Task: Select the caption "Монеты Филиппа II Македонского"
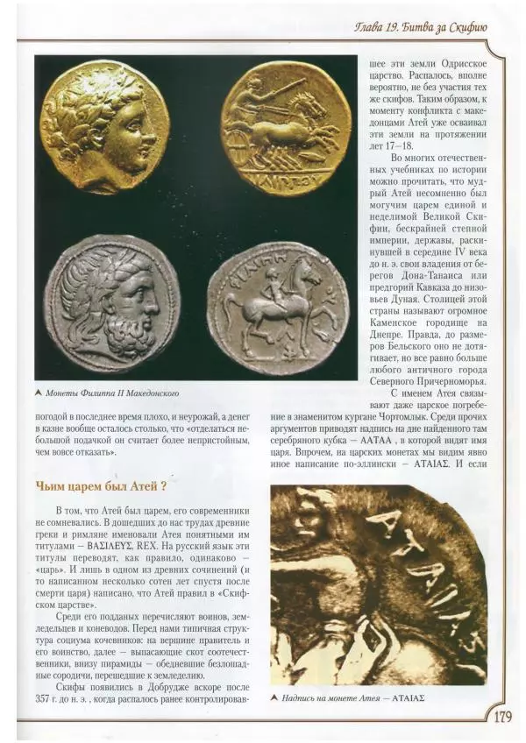click(116, 393)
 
